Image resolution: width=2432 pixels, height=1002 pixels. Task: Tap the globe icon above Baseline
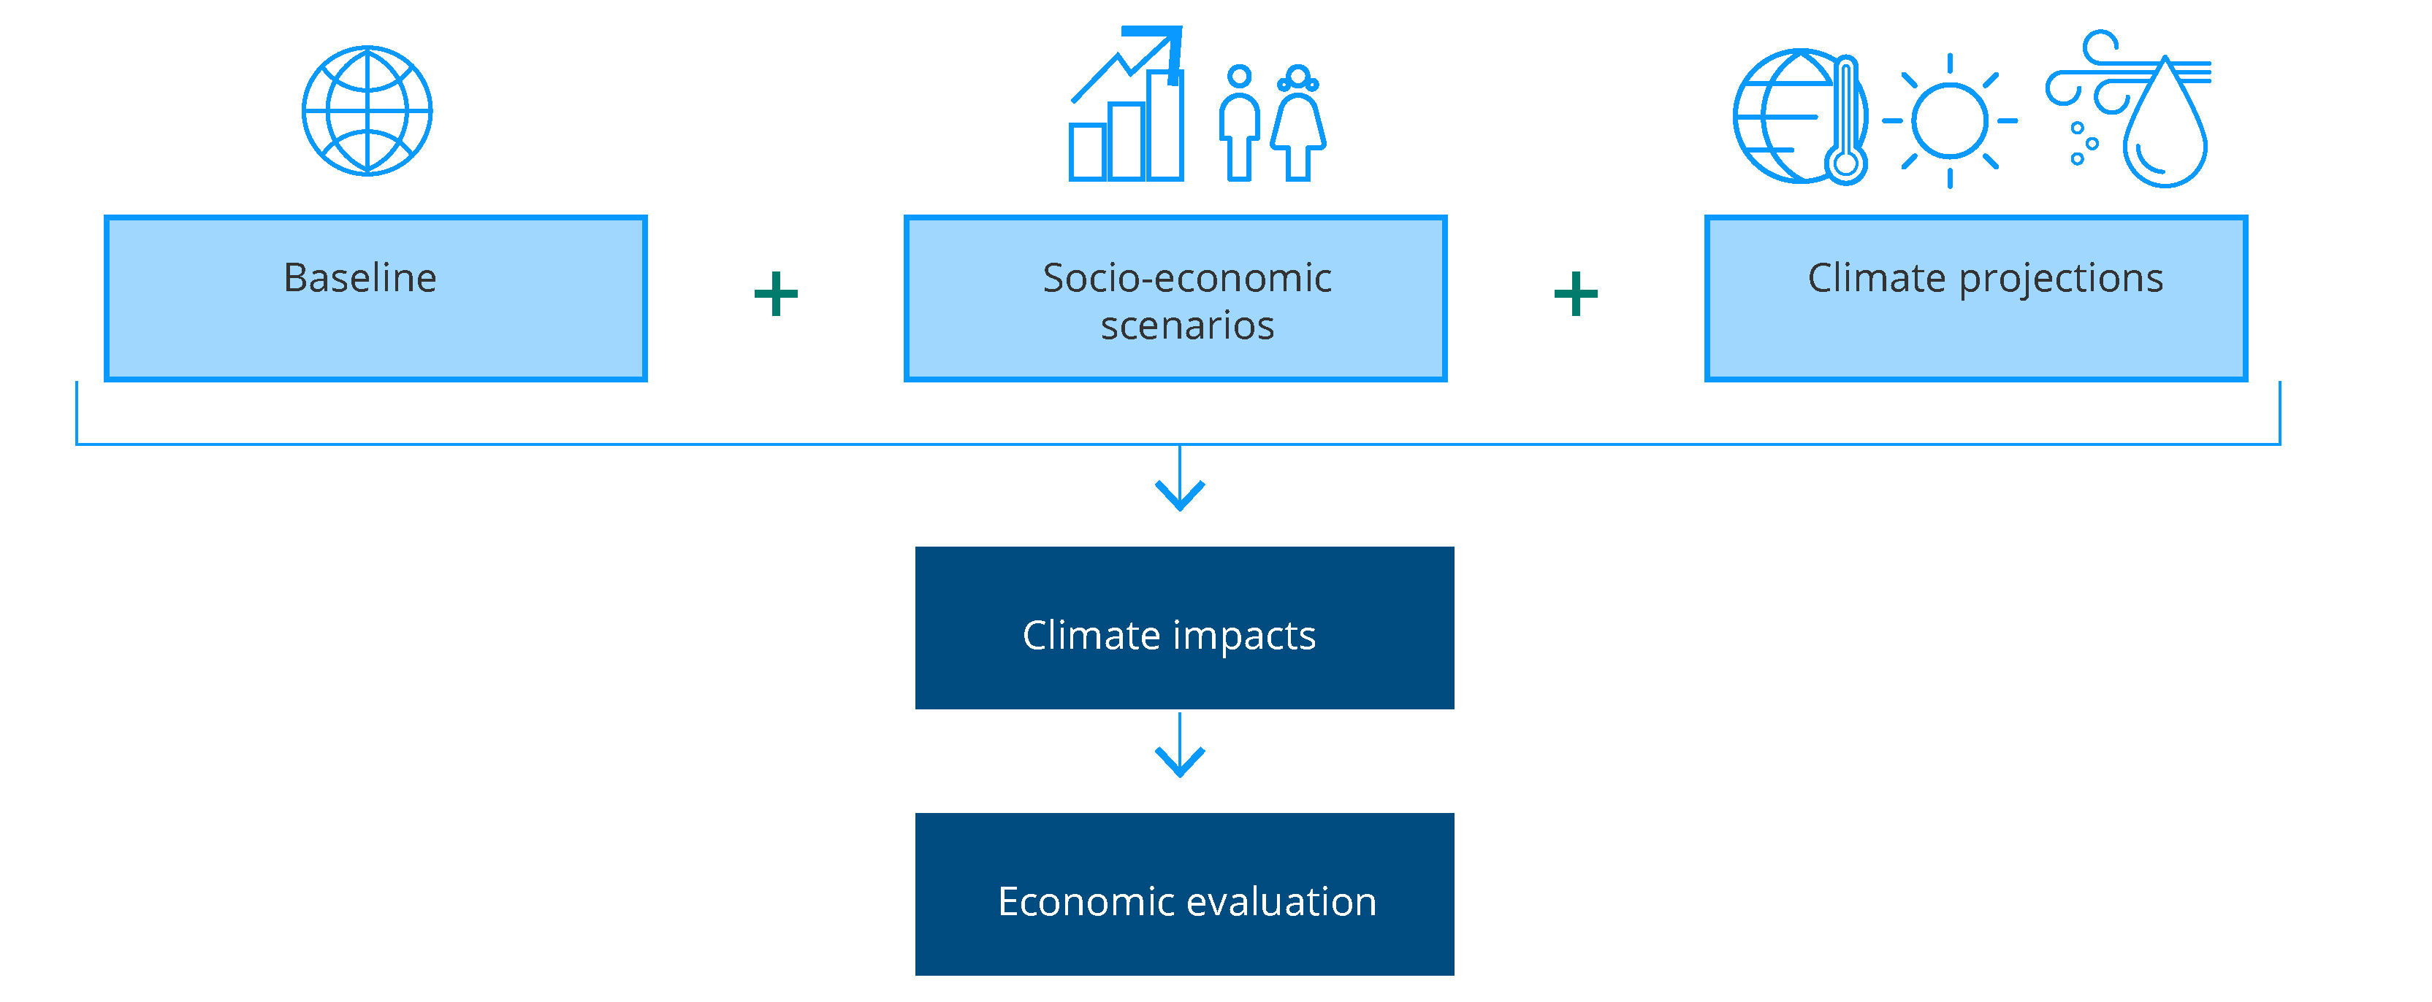point(367,110)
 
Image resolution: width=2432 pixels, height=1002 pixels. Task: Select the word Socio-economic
point(1186,278)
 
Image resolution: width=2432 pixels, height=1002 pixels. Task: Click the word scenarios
point(1186,326)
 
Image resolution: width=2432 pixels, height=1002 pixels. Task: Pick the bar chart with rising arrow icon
point(1127,104)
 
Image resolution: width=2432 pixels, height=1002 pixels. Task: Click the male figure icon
point(1240,123)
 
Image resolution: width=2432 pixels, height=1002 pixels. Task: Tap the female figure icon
point(1298,123)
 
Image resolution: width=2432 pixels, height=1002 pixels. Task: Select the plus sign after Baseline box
point(776,293)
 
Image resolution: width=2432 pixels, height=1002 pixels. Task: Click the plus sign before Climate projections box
point(1576,293)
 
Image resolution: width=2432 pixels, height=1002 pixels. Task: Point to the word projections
point(2061,280)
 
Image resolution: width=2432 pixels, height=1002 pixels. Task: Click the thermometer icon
point(1845,120)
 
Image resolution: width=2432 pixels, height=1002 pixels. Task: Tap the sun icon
point(1950,120)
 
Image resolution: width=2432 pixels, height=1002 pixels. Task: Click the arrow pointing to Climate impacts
point(1180,477)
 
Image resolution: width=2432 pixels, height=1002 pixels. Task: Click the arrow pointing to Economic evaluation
point(1180,744)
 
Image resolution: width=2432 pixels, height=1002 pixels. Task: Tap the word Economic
point(1085,902)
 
